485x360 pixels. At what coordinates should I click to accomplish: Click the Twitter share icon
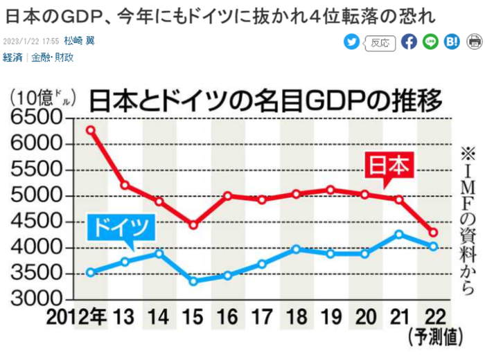(352, 42)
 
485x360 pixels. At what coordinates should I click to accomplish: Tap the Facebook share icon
(409, 42)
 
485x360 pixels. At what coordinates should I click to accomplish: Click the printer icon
(475, 42)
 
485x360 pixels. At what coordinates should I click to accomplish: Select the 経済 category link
(13, 57)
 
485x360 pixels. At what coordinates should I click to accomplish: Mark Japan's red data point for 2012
(91, 129)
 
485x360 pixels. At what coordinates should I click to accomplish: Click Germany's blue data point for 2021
(398, 234)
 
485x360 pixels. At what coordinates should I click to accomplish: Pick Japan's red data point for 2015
(193, 225)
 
